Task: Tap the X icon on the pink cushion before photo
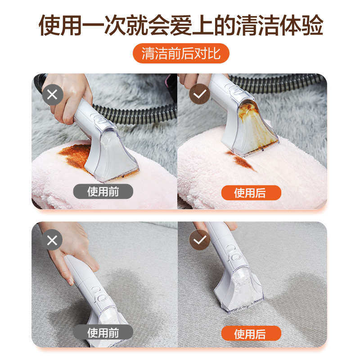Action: [x=52, y=94]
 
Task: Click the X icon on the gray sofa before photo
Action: [x=52, y=240]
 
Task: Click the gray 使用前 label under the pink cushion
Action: [x=103, y=191]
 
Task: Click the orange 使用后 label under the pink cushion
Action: [x=251, y=193]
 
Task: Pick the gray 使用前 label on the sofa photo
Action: [x=103, y=333]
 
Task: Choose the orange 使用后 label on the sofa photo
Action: [x=251, y=333]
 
